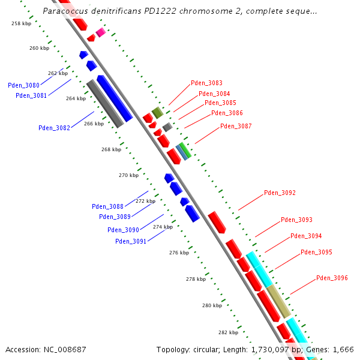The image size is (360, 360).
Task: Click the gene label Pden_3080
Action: point(23,85)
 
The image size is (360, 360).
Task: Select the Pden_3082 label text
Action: point(54,128)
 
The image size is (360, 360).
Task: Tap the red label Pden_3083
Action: point(206,83)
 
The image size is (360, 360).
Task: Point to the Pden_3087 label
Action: point(236,127)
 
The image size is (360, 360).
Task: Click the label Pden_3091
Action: point(131,241)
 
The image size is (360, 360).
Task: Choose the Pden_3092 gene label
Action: point(280,193)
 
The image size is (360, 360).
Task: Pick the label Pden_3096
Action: point(332,278)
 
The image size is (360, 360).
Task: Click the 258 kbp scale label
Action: point(21,23)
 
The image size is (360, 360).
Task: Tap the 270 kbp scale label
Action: point(128,176)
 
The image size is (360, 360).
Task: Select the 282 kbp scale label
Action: point(228,332)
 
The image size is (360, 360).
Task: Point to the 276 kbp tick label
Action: point(179,253)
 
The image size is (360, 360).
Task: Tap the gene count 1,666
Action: point(342,350)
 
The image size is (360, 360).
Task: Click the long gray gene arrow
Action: point(105,103)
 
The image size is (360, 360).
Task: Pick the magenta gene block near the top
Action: point(101,32)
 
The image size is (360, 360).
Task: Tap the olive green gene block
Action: point(157,112)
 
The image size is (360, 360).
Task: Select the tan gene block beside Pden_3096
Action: point(278,301)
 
